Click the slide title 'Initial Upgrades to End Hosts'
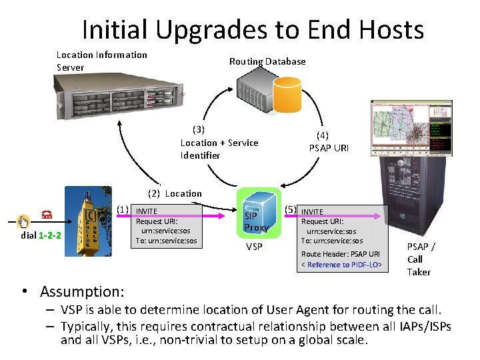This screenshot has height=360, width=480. pyautogui.click(x=253, y=29)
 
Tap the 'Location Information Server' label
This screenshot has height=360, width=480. pyautogui.click(x=101, y=61)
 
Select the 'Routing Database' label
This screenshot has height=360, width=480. pyautogui.click(x=267, y=61)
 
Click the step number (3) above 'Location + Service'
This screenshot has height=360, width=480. pyautogui.click(x=198, y=129)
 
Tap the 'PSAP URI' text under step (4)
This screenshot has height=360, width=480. pyautogui.click(x=328, y=148)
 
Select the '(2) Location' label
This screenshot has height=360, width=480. pyautogui.click(x=175, y=193)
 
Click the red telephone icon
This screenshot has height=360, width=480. pyautogui.click(x=47, y=215)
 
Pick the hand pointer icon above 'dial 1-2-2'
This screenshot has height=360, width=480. pyautogui.click(x=24, y=221)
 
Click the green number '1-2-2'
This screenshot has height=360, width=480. pyautogui.click(x=50, y=235)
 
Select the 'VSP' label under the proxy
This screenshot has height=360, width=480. pyautogui.click(x=254, y=247)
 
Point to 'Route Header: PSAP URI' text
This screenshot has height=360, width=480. pyautogui.click(x=340, y=254)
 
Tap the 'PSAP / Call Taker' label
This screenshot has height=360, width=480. pyautogui.click(x=420, y=259)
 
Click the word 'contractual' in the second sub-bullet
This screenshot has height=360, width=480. pyautogui.click(x=237, y=326)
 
